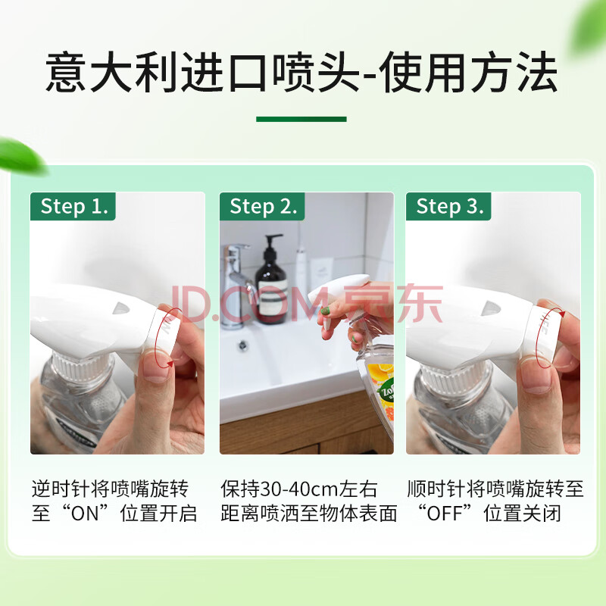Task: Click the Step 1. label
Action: (x=73, y=206)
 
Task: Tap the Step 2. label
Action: (x=262, y=206)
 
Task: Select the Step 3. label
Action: (x=448, y=206)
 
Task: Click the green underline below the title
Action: (x=301, y=119)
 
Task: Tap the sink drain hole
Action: (x=242, y=345)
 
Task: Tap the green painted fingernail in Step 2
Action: (x=326, y=311)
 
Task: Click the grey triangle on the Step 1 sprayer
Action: (x=121, y=308)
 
